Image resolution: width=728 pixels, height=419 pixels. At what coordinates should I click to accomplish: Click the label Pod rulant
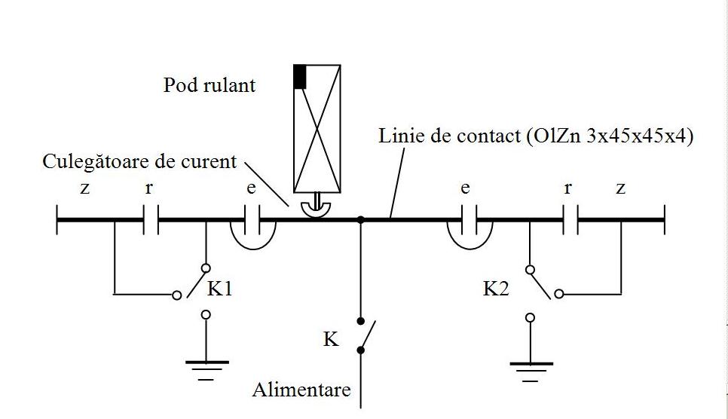209,85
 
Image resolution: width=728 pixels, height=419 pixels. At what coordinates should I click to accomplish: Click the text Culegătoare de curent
139,161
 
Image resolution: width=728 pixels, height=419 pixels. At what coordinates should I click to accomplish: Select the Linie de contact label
536,137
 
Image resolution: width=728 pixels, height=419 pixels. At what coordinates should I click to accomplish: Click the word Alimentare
301,390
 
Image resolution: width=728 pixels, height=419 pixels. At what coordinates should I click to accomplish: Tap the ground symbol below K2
531,367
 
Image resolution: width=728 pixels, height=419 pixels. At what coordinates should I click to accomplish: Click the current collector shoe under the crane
317,210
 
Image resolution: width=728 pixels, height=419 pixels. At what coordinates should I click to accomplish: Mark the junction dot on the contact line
361,220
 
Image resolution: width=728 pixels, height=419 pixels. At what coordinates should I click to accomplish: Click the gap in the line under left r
151,220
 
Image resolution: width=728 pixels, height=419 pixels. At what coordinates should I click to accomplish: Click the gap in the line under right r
570,220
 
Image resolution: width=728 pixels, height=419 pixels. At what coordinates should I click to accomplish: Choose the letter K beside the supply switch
331,340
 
